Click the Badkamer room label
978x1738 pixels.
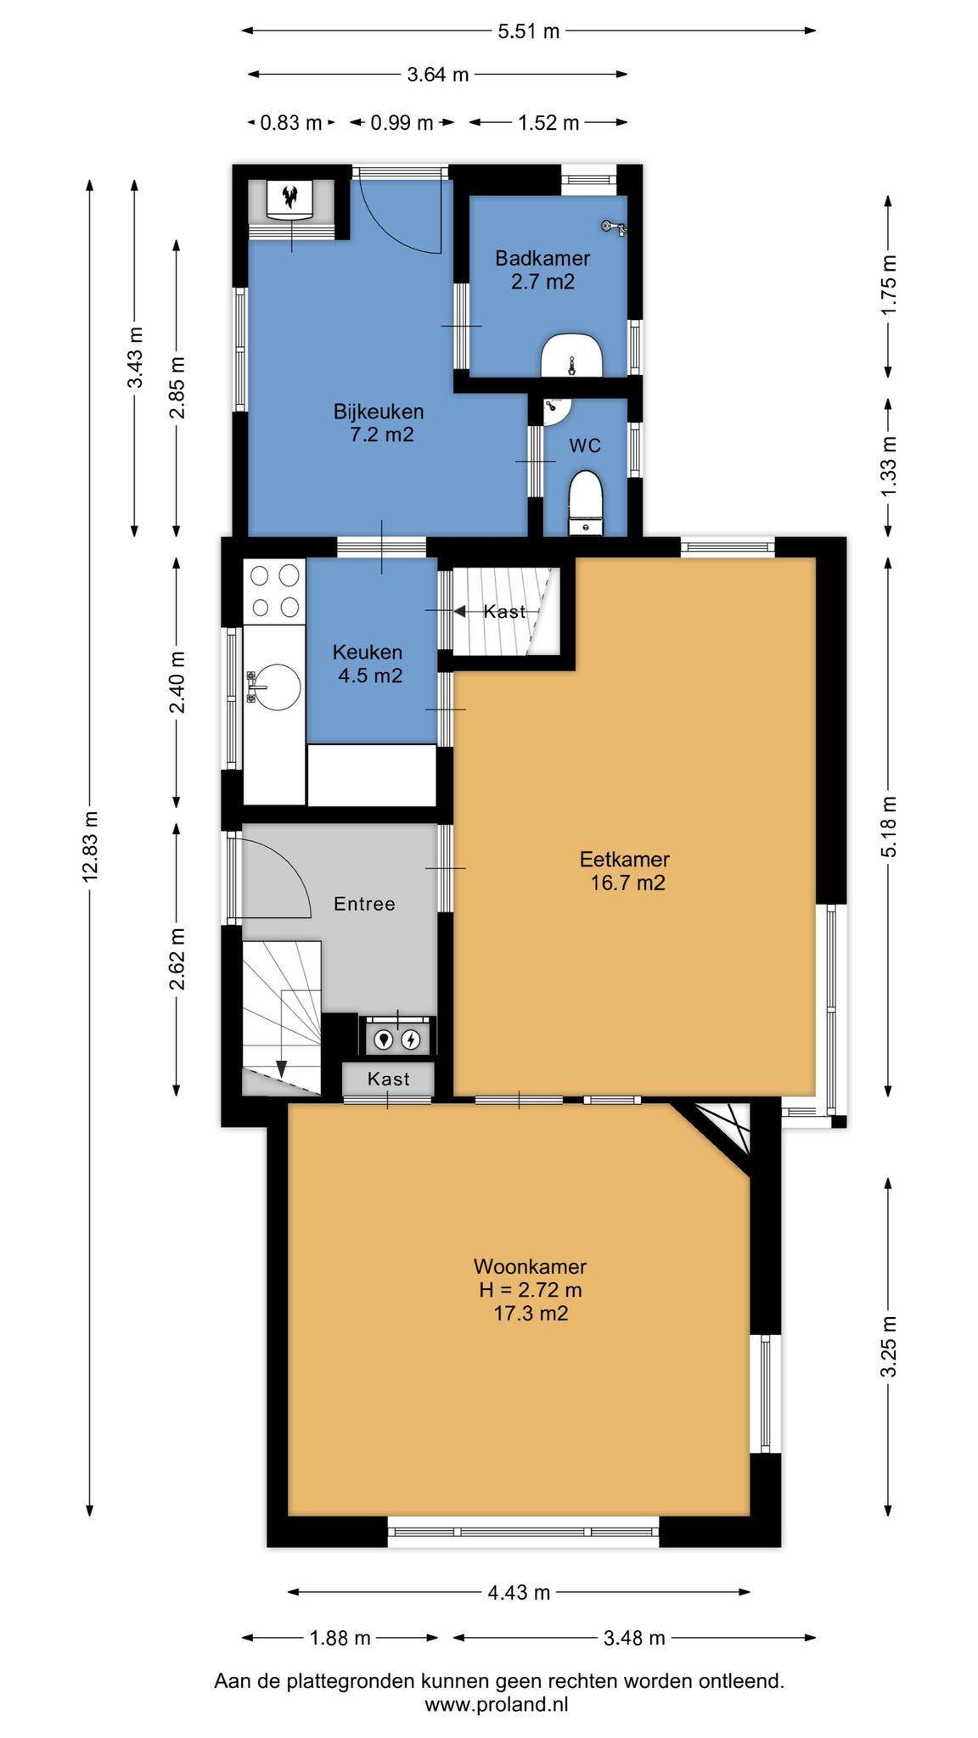click(542, 257)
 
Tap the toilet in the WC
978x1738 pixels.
click(585, 503)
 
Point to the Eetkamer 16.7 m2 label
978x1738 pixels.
click(626, 871)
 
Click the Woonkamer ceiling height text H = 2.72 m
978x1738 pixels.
click(531, 1290)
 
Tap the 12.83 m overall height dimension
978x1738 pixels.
click(90, 846)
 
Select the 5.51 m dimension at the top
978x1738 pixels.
click(528, 31)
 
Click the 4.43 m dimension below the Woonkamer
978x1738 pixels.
click(519, 1593)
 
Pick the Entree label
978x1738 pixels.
click(364, 904)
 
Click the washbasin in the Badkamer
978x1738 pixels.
click(571, 356)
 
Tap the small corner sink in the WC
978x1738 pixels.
click(556, 411)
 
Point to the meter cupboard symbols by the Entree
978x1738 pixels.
click(397, 1038)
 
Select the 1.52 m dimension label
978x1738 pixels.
click(548, 122)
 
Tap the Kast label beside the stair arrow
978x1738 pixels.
click(504, 611)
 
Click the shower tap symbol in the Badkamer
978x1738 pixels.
click(613, 227)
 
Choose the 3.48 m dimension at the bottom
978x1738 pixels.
click(634, 1638)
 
